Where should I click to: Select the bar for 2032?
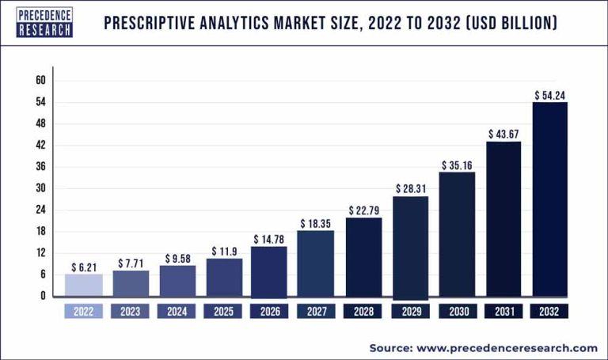pos(549,199)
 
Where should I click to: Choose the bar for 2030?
pos(457,234)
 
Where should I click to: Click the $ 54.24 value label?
pos(549,95)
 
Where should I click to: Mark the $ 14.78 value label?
pos(269,239)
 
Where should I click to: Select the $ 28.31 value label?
pos(410,189)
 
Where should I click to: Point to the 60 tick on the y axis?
pos(40,81)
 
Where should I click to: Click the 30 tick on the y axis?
pos(40,188)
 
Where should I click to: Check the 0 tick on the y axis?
pos(43,296)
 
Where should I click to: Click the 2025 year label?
pos(223,312)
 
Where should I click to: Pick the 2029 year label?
pos(410,312)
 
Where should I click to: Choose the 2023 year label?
pos(130,312)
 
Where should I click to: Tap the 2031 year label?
pos(503,312)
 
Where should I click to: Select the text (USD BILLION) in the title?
pos(507,23)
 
